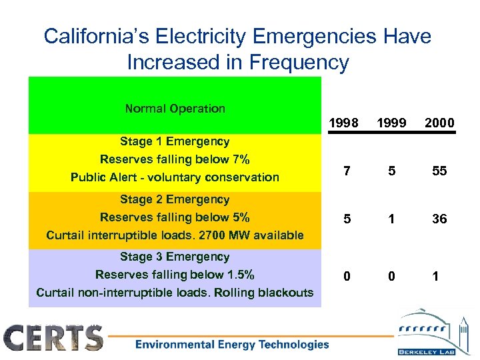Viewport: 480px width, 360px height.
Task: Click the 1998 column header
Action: (345, 123)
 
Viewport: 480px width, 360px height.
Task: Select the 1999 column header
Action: (391, 123)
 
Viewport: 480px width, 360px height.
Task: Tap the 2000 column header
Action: (439, 123)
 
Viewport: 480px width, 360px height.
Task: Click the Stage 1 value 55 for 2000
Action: (439, 171)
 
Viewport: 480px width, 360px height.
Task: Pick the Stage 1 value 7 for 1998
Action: (346, 171)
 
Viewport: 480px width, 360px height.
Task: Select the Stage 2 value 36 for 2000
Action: (439, 219)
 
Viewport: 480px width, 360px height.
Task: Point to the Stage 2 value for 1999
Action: (391, 219)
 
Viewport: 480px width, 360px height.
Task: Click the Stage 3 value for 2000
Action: (435, 276)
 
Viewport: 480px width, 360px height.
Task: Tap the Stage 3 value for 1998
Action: (346, 276)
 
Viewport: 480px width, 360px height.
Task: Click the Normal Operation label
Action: (175, 108)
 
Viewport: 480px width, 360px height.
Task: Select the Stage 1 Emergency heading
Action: (175, 141)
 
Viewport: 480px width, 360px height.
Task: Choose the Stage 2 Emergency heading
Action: (175, 199)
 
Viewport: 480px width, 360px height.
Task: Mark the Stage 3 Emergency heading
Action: (175, 257)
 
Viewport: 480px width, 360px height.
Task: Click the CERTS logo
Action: (54, 337)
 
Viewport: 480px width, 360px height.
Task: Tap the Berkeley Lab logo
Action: (431, 333)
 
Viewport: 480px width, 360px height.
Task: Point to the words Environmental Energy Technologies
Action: (232, 345)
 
